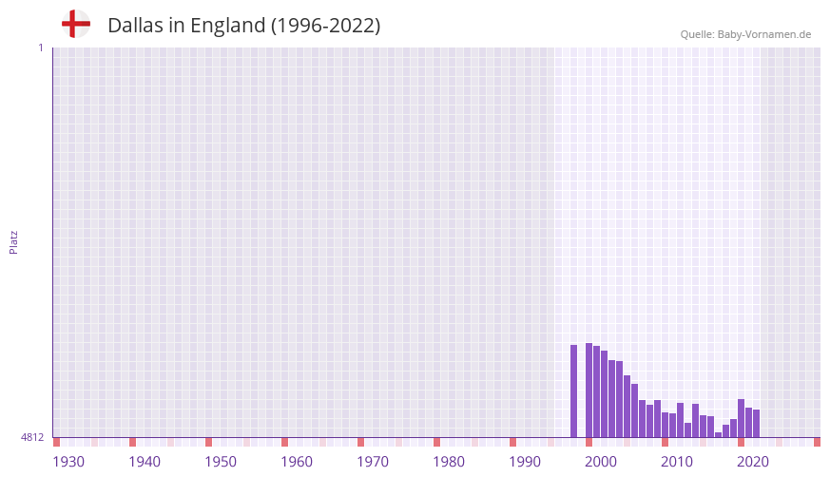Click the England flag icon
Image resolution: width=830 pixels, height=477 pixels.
click(x=76, y=25)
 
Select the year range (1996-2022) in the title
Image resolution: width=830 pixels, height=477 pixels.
click(x=325, y=26)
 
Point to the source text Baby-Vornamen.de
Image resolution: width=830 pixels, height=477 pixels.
click(x=764, y=34)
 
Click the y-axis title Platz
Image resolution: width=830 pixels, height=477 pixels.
click(x=13, y=241)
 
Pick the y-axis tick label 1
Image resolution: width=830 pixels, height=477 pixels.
click(x=40, y=48)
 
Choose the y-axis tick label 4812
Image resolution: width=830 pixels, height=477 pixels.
click(x=32, y=438)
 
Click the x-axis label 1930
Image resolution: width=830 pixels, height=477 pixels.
click(x=68, y=462)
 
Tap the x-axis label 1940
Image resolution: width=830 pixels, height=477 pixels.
click(x=145, y=462)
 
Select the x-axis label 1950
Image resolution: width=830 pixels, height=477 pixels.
click(x=221, y=462)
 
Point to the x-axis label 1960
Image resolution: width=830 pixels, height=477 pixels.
click(x=297, y=462)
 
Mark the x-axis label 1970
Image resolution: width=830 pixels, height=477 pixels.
click(x=373, y=462)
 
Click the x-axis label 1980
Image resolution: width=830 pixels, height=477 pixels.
click(x=449, y=462)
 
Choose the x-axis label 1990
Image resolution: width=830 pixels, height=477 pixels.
click(x=525, y=462)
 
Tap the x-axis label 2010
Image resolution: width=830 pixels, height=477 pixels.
click(x=677, y=462)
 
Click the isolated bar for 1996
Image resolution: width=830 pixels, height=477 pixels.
click(x=574, y=391)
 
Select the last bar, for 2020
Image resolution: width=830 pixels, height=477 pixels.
click(x=757, y=424)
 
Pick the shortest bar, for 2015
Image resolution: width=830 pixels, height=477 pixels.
click(x=719, y=435)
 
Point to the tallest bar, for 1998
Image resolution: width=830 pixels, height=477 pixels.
click(x=589, y=390)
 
